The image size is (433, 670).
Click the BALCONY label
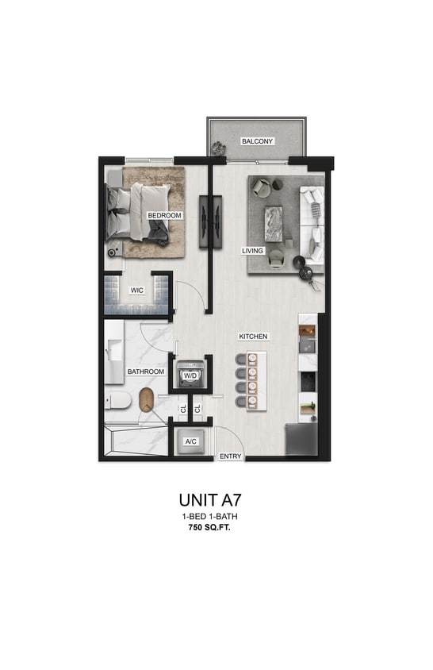[x=257, y=141]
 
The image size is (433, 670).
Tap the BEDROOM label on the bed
[x=165, y=215]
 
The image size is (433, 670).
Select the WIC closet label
[x=136, y=291]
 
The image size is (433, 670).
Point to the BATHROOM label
[x=146, y=372]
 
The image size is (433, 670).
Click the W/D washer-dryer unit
[x=191, y=375]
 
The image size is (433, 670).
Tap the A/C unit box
[x=190, y=442]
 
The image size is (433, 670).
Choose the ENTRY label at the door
[x=231, y=456]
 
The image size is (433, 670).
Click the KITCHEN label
[x=253, y=337]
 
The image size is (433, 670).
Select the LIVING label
[x=252, y=251]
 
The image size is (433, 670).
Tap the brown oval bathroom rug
[x=147, y=400]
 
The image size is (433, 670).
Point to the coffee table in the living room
[x=274, y=221]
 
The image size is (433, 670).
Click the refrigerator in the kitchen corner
[x=302, y=439]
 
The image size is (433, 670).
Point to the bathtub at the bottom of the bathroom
[x=136, y=442]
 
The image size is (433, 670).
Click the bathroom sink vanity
[x=115, y=348]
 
